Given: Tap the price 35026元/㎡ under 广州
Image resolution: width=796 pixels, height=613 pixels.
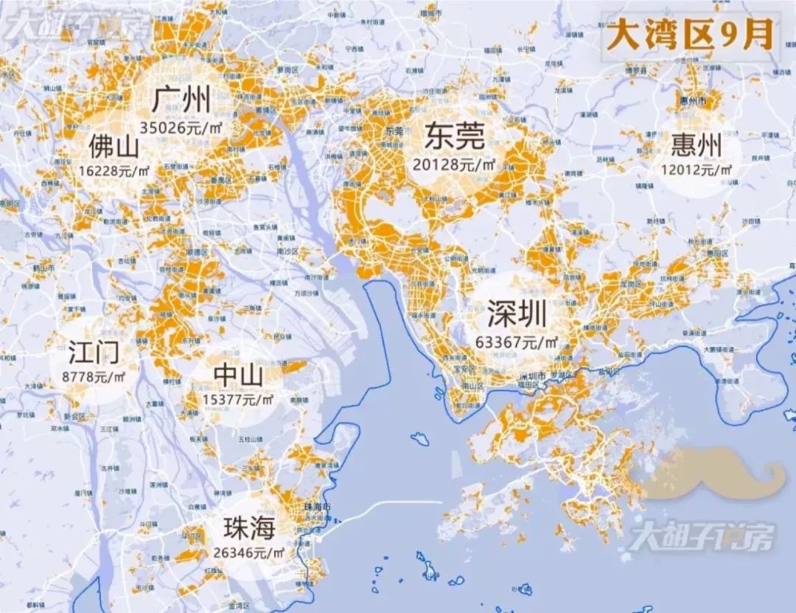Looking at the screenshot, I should [x=181, y=126].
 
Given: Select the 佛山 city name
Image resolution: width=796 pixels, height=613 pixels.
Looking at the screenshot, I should [x=114, y=147].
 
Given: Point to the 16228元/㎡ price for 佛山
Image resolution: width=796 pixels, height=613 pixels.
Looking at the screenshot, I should [x=111, y=169].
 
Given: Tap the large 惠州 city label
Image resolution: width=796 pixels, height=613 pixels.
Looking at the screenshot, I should [x=695, y=147].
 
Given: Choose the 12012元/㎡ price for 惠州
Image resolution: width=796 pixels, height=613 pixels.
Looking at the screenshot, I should [x=695, y=169].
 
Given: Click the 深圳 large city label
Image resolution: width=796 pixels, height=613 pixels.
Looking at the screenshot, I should [x=517, y=315].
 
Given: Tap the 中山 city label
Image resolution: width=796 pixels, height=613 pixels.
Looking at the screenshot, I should [x=238, y=376].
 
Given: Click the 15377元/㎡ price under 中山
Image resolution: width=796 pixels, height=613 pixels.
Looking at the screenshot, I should [x=238, y=399].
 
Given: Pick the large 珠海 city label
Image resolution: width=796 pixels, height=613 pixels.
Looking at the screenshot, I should [x=250, y=528].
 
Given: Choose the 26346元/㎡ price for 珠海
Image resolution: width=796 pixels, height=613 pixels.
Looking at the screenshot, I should [x=250, y=550].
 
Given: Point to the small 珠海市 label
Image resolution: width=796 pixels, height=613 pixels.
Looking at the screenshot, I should [x=318, y=507].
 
